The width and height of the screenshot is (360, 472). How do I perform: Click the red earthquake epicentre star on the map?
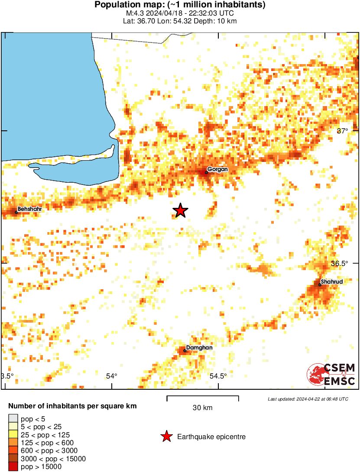click(180, 210)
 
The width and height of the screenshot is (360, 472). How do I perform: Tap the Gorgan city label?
click(217, 169)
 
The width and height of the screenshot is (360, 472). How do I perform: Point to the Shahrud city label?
click(332, 282)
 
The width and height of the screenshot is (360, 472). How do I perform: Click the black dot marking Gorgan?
click(206, 172)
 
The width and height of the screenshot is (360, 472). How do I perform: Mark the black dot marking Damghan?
click(185, 351)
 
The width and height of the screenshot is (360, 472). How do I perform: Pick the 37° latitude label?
click(343, 131)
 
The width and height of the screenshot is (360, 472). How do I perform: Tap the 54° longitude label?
click(112, 376)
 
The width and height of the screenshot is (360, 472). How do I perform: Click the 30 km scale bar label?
click(202, 407)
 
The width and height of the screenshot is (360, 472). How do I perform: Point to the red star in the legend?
click(166, 437)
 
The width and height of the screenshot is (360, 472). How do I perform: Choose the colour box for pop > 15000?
click(13, 467)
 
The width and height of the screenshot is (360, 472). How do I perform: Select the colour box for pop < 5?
click(13, 418)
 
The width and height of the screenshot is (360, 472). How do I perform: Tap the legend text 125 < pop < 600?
click(47, 443)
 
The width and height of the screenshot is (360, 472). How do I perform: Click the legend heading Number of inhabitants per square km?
click(73, 406)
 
